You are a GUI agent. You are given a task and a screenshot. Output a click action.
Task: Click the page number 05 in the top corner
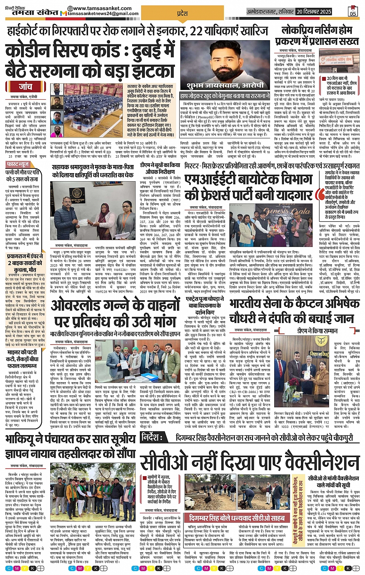click(352, 12)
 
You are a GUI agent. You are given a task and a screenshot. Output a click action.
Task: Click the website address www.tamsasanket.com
click(102, 8)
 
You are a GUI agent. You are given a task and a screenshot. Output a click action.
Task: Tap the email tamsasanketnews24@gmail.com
click(103, 14)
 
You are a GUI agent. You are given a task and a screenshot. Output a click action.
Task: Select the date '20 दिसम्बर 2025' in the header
click(314, 12)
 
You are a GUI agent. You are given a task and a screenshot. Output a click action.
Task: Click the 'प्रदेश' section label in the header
click(182, 14)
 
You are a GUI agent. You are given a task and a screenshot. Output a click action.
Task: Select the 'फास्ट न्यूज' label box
click(18, 164)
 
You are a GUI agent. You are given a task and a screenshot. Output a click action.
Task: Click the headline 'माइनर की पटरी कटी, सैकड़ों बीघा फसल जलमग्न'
click(22, 359)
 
